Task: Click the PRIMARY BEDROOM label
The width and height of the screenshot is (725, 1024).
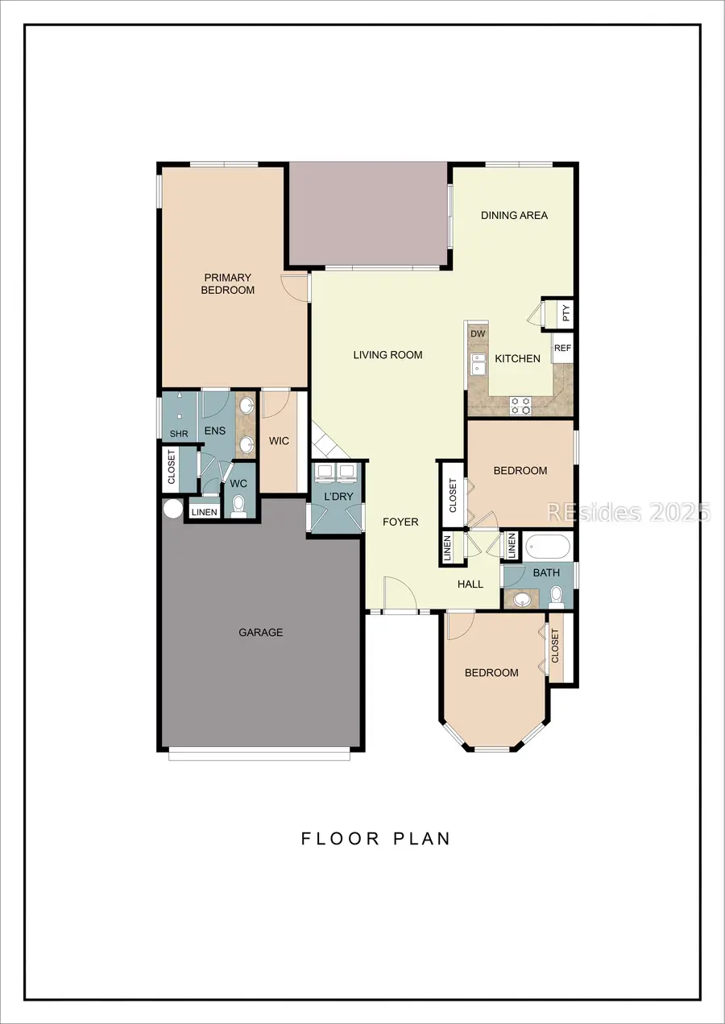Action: [x=227, y=284]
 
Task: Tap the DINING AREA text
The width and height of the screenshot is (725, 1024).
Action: [x=514, y=215]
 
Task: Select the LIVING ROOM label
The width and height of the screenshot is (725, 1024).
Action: [x=387, y=355]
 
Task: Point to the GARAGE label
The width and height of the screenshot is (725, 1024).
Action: [x=260, y=633]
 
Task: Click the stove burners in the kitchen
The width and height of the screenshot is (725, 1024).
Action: [x=520, y=405]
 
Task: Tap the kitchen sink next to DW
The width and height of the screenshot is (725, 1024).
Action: [x=478, y=364]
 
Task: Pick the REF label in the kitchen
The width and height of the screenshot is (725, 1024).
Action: [x=562, y=349]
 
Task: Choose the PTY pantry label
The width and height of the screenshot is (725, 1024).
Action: [x=565, y=313]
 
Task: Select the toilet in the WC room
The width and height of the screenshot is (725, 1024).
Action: [x=238, y=506]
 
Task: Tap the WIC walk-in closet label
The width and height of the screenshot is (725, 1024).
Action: [x=280, y=441]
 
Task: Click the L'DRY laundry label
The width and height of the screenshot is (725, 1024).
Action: [x=338, y=497]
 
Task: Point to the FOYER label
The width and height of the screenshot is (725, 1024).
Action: [x=400, y=522]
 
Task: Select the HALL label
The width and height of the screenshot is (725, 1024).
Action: [x=470, y=584]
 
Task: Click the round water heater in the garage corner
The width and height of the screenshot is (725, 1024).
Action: [x=172, y=510]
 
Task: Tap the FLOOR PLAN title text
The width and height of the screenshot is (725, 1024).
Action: [x=375, y=838]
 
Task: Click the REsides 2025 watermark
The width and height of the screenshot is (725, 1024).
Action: [x=628, y=512]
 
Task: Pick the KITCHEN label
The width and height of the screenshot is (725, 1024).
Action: [x=517, y=358]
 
